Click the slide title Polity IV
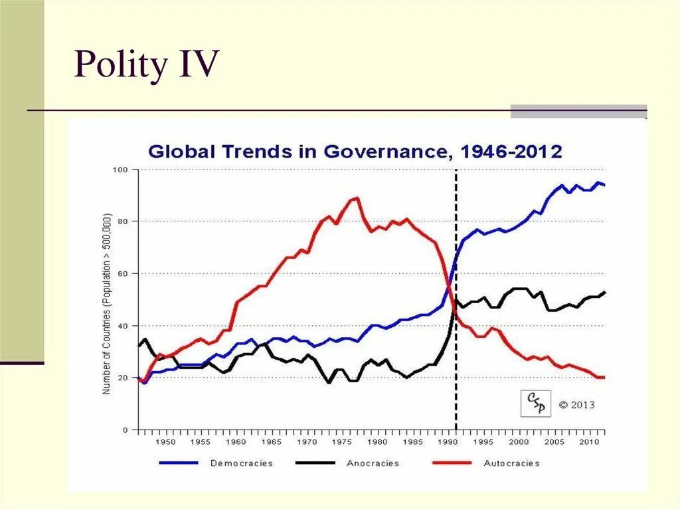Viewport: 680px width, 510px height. click(146, 65)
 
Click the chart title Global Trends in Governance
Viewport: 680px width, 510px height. click(355, 152)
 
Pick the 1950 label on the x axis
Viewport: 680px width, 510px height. click(165, 442)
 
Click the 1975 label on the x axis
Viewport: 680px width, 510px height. click(342, 442)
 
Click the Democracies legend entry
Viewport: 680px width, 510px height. click(242, 463)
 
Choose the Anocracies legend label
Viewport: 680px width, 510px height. click(373, 463)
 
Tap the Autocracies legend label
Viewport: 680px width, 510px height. click(511, 463)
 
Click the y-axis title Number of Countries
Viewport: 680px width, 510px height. click(107, 304)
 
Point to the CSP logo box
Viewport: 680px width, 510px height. click(535, 403)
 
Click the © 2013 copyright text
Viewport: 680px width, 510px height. click(576, 404)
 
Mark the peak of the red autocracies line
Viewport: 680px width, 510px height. click(357, 197)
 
